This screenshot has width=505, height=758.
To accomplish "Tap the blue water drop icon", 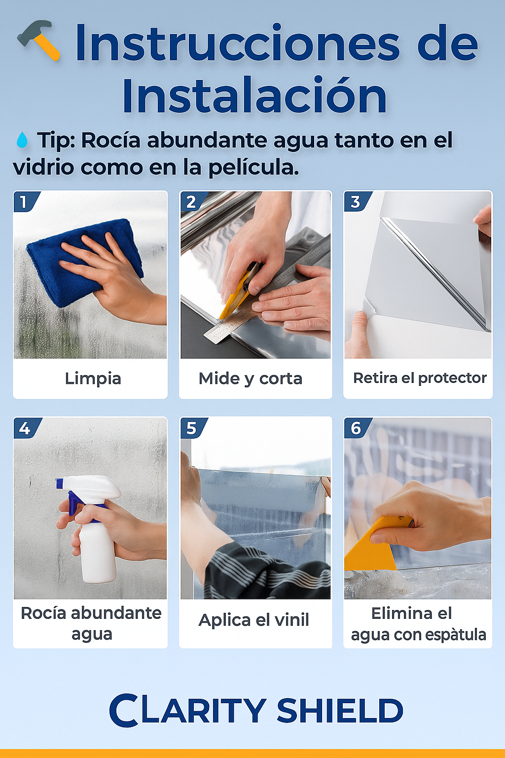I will pos(22,140).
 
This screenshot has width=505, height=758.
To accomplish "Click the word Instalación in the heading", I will pos(254,96).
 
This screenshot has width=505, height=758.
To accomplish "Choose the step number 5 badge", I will pos(191,428).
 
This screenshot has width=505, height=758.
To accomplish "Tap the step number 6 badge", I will pos(356,428).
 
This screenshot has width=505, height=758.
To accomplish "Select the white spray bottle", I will pos(96,538).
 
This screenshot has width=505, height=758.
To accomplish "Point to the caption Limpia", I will pos(93,379).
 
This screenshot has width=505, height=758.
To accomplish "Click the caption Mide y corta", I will pos(251,379).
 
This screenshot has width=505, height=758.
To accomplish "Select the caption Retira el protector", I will pos(420,378).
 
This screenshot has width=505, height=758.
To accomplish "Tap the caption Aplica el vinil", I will pos(253,620).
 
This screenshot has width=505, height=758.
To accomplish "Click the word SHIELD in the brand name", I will pos(340,711).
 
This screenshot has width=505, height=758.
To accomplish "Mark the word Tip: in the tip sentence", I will pos(56,140).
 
